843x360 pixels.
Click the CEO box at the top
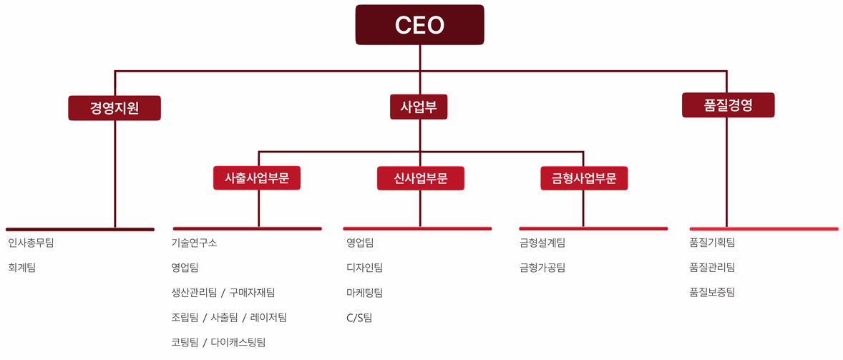coord(419,25)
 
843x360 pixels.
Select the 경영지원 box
coord(114,108)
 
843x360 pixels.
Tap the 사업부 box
coord(419,107)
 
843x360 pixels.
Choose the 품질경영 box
coord(728,105)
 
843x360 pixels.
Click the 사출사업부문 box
coord(257,178)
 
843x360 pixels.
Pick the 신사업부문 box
coord(420,178)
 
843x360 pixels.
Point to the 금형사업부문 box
coord(584,178)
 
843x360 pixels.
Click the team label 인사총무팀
coord(31,243)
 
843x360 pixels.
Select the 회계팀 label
coord(21,268)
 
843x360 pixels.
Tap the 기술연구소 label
coord(194,243)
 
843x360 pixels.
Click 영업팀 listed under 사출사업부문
coord(185,268)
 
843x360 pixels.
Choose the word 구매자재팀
coord(252,293)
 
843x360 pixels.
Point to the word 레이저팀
coord(268,318)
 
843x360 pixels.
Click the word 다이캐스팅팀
coord(238,343)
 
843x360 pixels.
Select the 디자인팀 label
coord(364,268)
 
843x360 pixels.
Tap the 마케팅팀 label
coord(364,293)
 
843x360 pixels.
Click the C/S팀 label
coord(359,318)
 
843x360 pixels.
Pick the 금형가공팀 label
coord(542,268)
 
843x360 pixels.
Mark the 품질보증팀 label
coord(712,292)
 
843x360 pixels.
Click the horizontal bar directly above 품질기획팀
coord(764,229)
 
